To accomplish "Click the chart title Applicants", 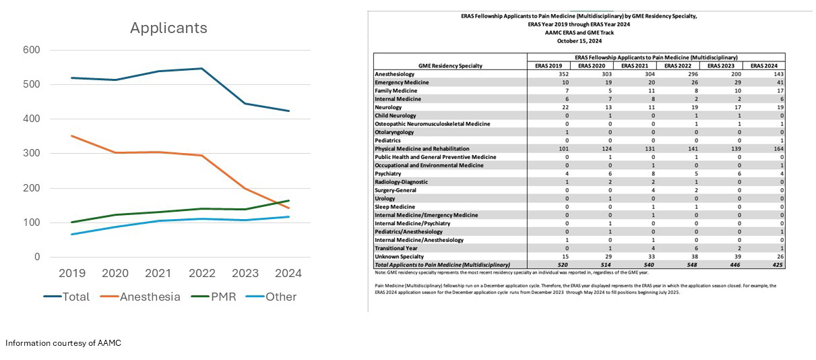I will (x=168, y=28).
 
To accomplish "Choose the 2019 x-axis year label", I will (x=73, y=274).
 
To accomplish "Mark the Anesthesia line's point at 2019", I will (x=73, y=136).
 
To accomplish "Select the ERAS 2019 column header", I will (x=548, y=65).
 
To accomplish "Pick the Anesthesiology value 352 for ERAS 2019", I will (x=563, y=74).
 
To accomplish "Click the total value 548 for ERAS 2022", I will (x=692, y=265).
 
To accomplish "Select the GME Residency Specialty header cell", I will (x=449, y=65).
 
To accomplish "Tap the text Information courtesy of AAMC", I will (x=63, y=343).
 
